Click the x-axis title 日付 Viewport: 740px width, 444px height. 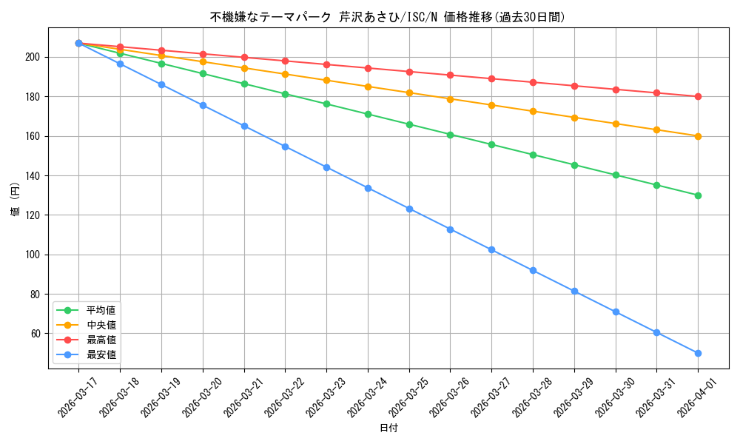(x=388, y=428)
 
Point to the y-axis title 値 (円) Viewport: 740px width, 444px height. (x=16, y=200)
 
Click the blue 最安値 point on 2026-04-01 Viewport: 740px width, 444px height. (x=698, y=353)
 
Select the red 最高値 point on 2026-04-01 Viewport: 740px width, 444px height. (x=698, y=96)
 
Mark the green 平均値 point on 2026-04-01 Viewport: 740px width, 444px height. (x=698, y=195)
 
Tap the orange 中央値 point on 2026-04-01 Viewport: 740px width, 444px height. (x=698, y=136)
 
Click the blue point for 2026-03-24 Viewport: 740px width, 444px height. (x=368, y=188)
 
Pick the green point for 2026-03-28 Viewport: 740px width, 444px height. (x=533, y=155)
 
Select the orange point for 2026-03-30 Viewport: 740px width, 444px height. (x=616, y=124)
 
